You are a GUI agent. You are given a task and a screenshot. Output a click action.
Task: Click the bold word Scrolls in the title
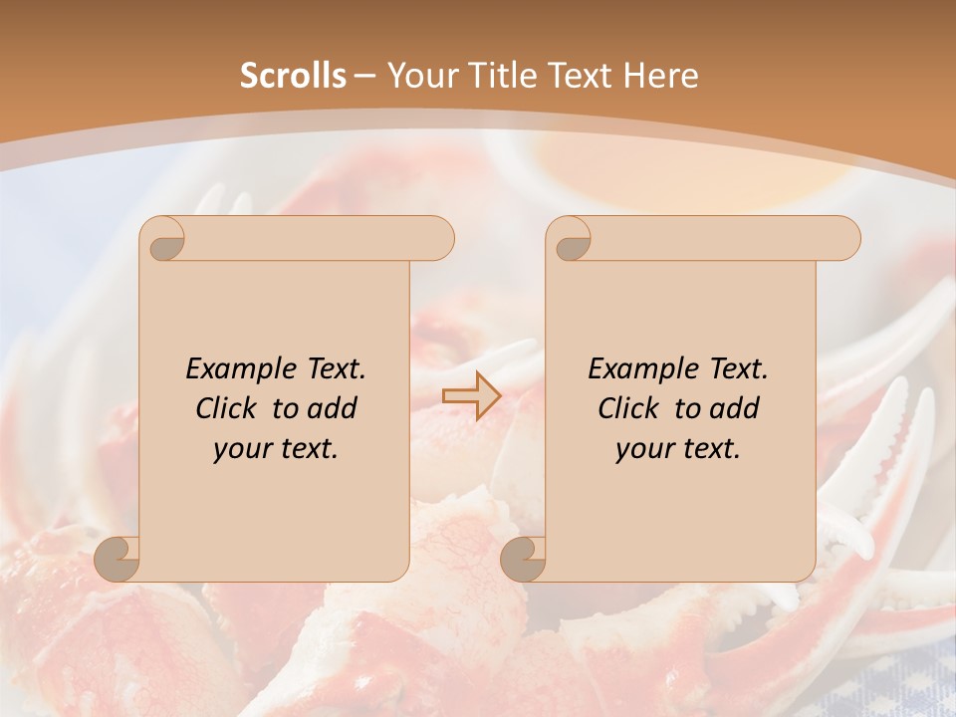[x=293, y=76]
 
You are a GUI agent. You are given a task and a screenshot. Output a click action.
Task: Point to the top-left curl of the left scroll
[x=163, y=239]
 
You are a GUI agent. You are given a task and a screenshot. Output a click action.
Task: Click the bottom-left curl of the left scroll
[x=118, y=558]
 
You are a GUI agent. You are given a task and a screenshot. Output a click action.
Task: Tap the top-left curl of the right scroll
[x=570, y=239]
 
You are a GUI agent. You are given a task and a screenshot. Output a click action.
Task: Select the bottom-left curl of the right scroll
[x=524, y=558]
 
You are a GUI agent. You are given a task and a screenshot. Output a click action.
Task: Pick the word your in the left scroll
[x=242, y=449]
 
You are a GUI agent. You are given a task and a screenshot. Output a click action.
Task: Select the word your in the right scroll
[x=644, y=449]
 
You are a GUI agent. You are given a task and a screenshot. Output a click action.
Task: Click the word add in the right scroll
[x=732, y=409]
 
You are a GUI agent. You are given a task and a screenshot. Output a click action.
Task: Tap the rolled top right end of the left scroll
[x=432, y=239]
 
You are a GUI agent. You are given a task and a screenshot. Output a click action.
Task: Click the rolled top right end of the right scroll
[x=838, y=239]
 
